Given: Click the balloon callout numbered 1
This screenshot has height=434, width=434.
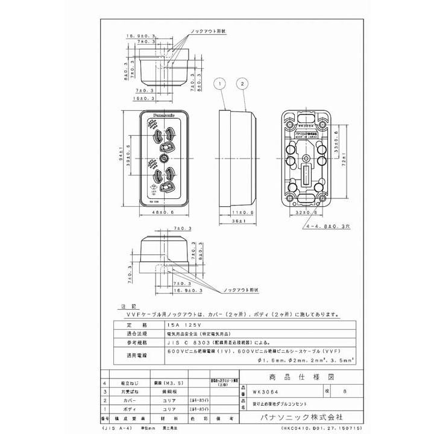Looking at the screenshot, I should [x=221, y=82].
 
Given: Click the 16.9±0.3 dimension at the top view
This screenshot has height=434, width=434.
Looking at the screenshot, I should [x=139, y=36].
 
